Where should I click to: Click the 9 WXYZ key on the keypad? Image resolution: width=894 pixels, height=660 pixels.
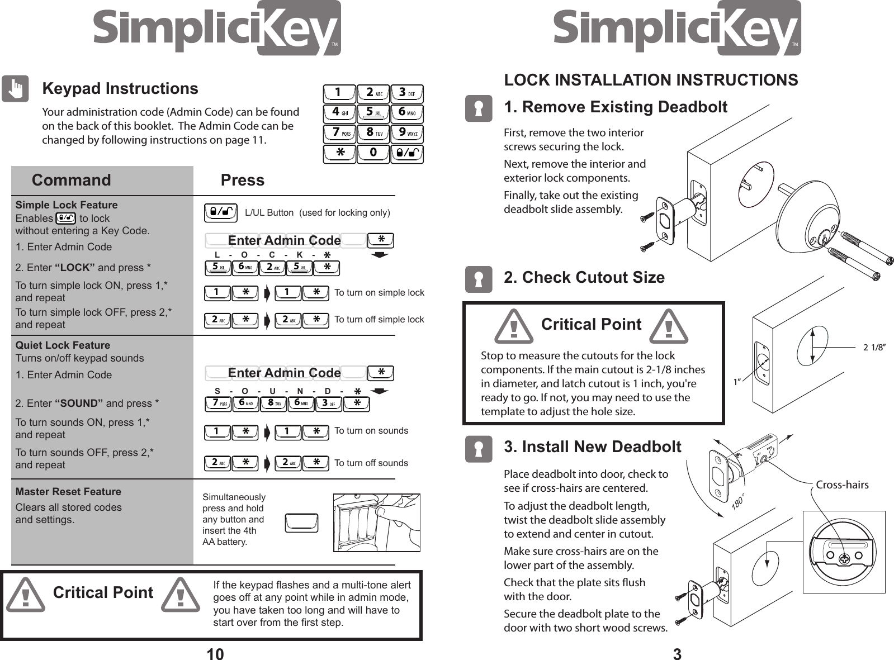(406, 134)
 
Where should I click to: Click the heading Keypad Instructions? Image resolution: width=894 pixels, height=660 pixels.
(120, 89)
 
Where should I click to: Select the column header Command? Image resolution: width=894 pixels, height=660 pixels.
(72, 180)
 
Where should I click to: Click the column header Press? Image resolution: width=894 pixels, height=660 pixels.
(242, 180)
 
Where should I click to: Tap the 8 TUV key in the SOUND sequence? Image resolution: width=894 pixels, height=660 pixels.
(273, 403)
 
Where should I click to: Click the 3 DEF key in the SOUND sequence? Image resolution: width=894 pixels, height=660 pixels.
(328, 403)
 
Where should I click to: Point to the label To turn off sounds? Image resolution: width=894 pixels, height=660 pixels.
(371, 463)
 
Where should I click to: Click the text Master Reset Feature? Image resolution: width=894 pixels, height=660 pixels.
(68, 492)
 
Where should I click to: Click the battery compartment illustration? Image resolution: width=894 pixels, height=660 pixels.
(376, 523)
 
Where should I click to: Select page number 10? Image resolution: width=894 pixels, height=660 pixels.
(215, 654)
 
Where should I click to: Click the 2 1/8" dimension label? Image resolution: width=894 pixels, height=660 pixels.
(876, 347)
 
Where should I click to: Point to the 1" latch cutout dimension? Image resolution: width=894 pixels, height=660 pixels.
(737, 382)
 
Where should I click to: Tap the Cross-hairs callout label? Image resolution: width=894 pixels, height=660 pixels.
(842, 485)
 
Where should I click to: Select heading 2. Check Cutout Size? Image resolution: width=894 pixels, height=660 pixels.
(584, 277)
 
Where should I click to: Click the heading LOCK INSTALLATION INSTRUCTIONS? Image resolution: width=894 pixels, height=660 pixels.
(651, 80)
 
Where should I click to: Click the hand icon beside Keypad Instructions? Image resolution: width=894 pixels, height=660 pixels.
(15, 89)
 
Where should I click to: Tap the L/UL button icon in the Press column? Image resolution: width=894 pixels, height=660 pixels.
(221, 212)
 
